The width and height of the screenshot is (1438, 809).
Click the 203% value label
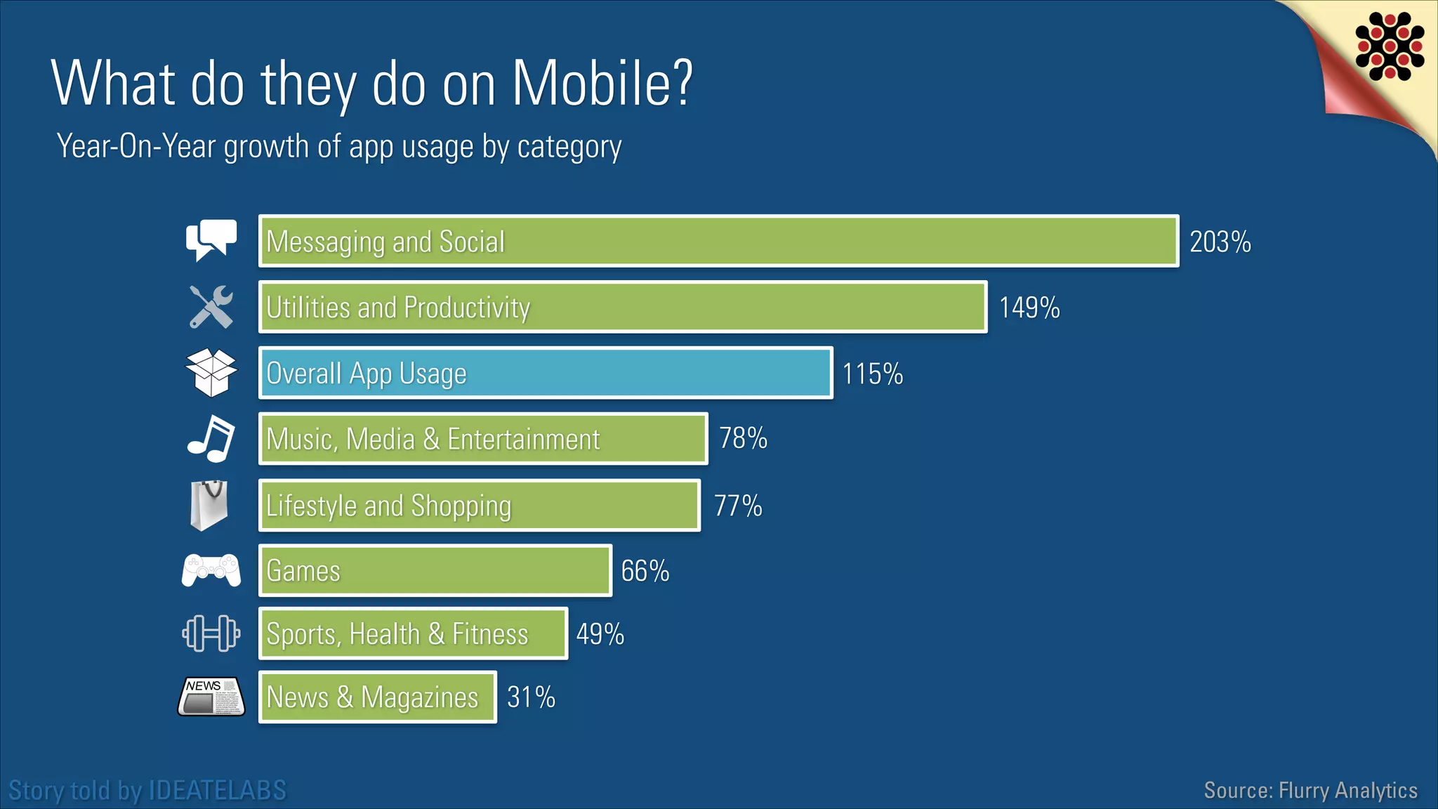click(x=1220, y=242)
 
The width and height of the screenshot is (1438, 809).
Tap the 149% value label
click(x=1029, y=308)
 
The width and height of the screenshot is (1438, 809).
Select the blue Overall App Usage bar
click(x=546, y=373)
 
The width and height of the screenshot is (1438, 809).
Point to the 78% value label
click(x=743, y=438)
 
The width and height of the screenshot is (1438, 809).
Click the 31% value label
click(x=531, y=697)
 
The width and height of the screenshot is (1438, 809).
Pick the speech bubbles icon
click(x=211, y=240)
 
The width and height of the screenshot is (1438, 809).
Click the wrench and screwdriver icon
click(x=211, y=306)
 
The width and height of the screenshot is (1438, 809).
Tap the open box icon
click(x=211, y=372)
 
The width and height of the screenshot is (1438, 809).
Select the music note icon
click(x=211, y=438)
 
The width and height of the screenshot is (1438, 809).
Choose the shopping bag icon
click(x=209, y=505)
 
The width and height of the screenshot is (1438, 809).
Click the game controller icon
click(x=211, y=570)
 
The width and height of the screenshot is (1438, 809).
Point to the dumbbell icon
click(x=211, y=633)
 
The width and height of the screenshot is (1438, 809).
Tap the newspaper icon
click(x=211, y=696)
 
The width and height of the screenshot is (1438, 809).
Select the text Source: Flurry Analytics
click(x=1310, y=791)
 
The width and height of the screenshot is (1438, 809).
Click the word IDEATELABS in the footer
click(x=218, y=791)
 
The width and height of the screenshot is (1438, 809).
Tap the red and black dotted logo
click(x=1390, y=46)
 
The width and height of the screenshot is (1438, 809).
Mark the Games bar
click(x=435, y=570)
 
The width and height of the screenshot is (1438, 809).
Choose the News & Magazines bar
click(x=378, y=697)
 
